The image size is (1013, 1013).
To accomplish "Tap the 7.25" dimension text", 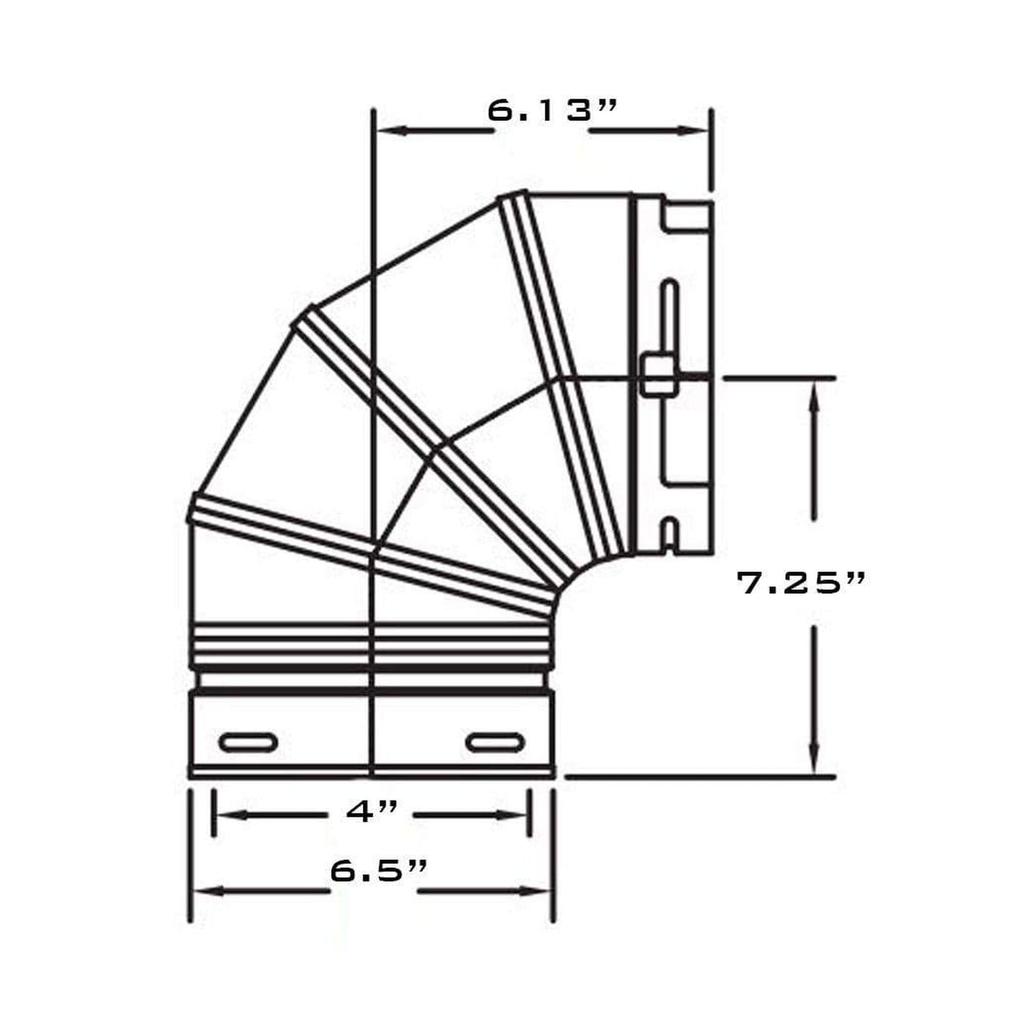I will [801, 583].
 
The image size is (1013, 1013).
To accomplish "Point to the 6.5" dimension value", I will [379, 871].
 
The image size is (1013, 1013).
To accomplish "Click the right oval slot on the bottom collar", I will [496, 742].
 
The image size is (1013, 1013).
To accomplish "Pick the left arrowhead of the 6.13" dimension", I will [389, 130].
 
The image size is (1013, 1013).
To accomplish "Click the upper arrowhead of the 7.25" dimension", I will [814, 393].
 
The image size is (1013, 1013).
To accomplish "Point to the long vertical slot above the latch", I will [669, 315].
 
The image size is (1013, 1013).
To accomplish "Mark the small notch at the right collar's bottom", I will [669, 533].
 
